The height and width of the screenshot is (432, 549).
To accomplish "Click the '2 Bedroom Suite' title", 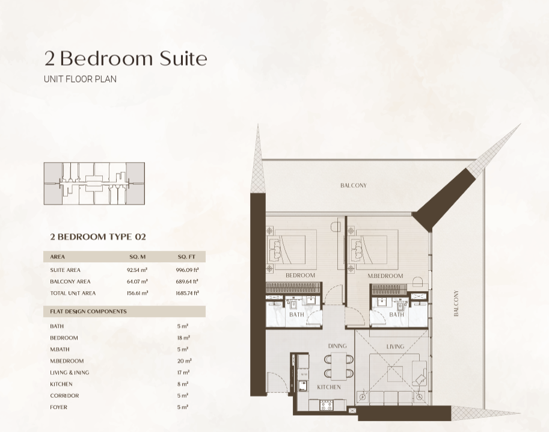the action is [x=126, y=58].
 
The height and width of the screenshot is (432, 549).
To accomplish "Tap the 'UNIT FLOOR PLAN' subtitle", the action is [x=80, y=79].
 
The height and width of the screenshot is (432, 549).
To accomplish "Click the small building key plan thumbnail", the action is [x=94, y=184].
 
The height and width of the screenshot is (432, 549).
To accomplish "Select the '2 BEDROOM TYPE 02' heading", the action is [x=98, y=237].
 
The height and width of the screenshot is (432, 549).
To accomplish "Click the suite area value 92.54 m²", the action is [x=137, y=270].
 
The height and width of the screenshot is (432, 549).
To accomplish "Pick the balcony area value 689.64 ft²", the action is [x=187, y=282].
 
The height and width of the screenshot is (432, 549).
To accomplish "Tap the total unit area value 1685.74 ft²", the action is [x=188, y=293].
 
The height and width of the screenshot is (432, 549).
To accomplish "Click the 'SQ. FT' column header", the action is [x=186, y=257].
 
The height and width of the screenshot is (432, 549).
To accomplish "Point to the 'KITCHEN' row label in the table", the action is [x=61, y=384].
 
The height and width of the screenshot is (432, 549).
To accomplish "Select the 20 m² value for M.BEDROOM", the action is [x=184, y=361].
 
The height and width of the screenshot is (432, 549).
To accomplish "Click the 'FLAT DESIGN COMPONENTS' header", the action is [x=88, y=312].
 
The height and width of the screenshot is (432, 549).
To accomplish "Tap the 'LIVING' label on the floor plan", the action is [x=395, y=347].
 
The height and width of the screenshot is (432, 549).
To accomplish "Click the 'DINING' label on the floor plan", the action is [x=337, y=346].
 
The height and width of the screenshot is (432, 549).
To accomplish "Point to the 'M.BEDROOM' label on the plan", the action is [x=385, y=276].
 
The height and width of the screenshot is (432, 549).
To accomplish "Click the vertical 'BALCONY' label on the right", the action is [x=456, y=303].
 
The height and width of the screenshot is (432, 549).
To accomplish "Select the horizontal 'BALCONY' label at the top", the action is [x=354, y=185].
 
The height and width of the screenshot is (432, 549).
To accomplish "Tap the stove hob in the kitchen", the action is [x=327, y=406].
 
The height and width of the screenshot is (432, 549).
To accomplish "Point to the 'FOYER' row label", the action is [x=58, y=407].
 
